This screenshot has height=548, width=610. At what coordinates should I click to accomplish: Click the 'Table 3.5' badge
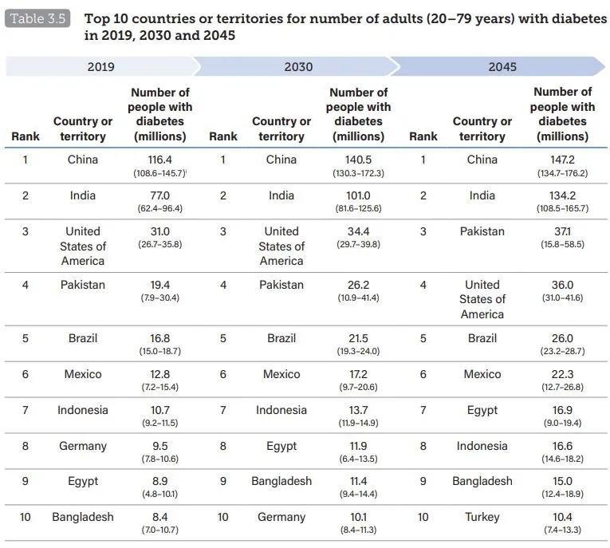(x=37, y=18)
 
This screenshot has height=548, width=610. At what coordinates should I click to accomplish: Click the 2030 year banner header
(x=298, y=67)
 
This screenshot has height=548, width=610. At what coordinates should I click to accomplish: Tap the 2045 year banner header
(x=502, y=67)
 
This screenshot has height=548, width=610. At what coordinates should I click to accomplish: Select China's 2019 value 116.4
(x=160, y=160)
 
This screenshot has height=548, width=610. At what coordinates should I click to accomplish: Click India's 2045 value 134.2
(x=562, y=195)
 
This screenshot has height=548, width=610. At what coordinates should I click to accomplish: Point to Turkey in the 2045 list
(x=482, y=517)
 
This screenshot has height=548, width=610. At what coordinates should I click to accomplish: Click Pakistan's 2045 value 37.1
(x=562, y=231)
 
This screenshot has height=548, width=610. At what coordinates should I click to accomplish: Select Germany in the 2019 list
(x=82, y=446)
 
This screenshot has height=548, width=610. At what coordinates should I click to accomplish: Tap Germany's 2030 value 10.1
(x=358, y=517)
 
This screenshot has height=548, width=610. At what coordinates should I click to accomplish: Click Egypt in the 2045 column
(x=482, y=410)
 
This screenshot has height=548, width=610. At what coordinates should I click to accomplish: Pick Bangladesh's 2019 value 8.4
(x=160, y=517)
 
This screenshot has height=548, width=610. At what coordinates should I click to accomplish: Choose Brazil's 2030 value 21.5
(x=358, y=338)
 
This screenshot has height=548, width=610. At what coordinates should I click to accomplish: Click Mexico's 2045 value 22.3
(x=562, y=374)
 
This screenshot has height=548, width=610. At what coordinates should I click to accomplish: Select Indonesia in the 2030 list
(x=281, y=410)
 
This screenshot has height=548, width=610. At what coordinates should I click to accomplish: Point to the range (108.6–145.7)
(x=159, y=173)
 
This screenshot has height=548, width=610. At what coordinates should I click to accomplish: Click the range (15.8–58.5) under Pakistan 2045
(x=562, y=244)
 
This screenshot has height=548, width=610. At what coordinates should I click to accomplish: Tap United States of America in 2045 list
(x=482, y=299)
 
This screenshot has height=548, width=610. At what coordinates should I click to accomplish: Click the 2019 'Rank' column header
(x=26, y=136)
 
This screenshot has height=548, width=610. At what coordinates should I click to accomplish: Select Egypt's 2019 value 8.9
(x=160, y=481)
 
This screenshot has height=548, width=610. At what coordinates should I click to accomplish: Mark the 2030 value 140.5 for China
(x=358, y=160)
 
